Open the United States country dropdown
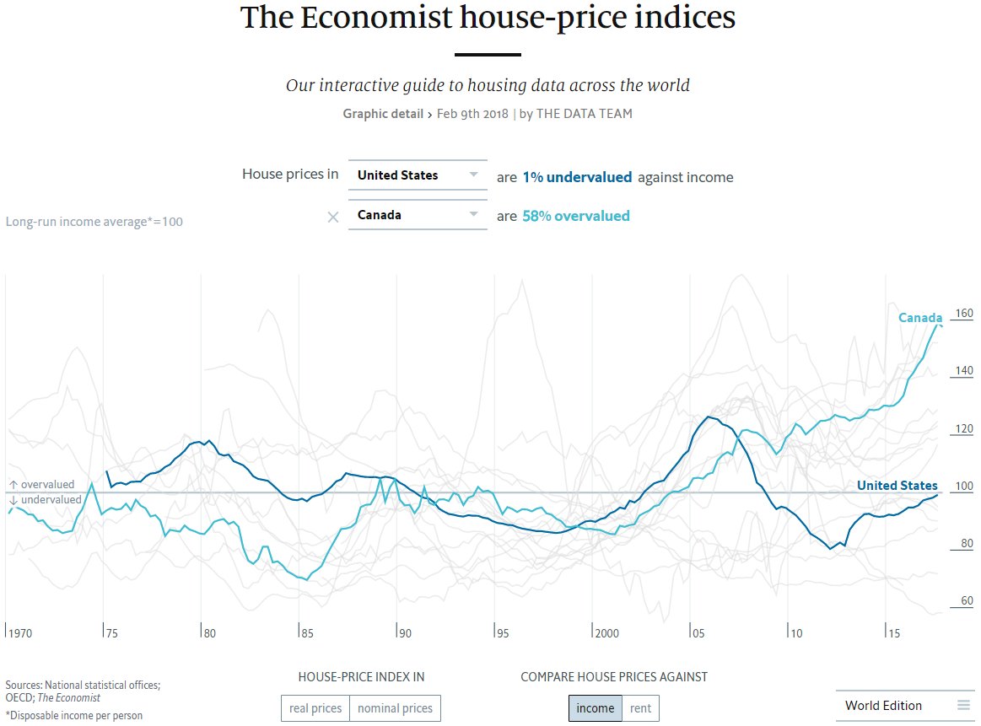(418, 175)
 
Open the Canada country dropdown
(418, 215)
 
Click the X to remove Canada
(333, 217)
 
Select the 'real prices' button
(315, 708)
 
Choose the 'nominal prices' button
(395, 708)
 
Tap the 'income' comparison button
(596, 708)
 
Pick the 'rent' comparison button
(640, 708)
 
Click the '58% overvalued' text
(575, 216)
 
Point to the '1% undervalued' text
(577, 177)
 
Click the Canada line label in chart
(919, 318)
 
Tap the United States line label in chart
(897, 486)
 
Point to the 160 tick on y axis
(963, 314)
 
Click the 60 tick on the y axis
(966, 601)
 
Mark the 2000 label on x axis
(606, 632)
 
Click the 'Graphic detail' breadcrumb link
(383, 114)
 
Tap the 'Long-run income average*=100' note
(94, 222)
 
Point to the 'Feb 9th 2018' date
(472, 114)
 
